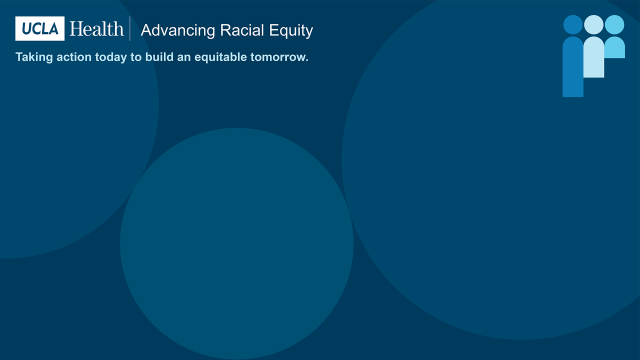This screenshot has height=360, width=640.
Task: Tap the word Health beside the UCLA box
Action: point(97,29)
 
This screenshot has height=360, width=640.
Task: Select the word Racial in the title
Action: point(242,30)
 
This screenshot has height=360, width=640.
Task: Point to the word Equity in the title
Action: point(291,31)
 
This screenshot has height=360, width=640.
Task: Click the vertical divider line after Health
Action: point(131,30)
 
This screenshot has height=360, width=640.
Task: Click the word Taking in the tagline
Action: point(34,57)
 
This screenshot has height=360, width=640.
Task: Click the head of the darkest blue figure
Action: point(573,25)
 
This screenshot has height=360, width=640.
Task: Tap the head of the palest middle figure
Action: point(594,25)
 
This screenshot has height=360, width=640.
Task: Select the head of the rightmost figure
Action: point(614,25)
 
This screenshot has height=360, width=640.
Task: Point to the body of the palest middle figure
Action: point(594,58)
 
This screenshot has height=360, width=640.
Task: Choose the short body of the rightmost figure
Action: point(614,48)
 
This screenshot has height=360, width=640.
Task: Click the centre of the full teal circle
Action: point(237,244)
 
